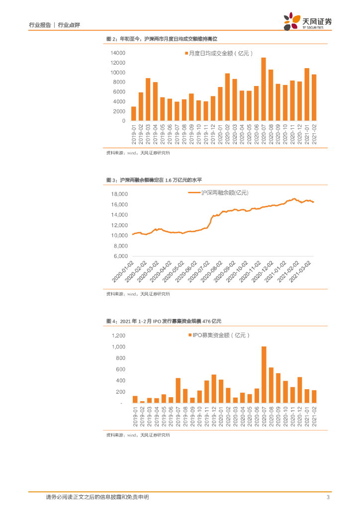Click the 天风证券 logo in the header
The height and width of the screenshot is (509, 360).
308,22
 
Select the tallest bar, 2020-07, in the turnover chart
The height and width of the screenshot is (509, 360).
264,89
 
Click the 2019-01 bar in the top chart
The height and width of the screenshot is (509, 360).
134,114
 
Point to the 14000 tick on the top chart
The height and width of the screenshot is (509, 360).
118,53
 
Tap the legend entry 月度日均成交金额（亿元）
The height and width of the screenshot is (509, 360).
219,53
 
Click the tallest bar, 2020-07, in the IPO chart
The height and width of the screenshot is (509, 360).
264,375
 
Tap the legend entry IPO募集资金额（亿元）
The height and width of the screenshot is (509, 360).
219,336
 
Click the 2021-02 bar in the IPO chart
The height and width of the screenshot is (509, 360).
314,397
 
